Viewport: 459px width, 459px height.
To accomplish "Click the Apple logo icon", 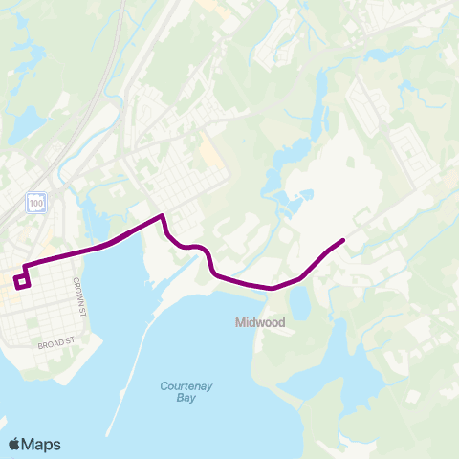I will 14,444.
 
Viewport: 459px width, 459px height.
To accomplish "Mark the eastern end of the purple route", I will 343,239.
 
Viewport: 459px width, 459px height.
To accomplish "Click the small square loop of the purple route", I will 22,280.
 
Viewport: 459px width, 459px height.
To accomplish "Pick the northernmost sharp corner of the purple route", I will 163,215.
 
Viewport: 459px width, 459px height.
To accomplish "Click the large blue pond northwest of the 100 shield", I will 24,122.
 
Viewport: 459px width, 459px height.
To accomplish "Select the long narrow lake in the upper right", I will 317,96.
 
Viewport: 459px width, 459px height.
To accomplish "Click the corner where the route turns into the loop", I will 24,265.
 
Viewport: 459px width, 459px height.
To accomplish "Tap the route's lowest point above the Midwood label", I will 273,287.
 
